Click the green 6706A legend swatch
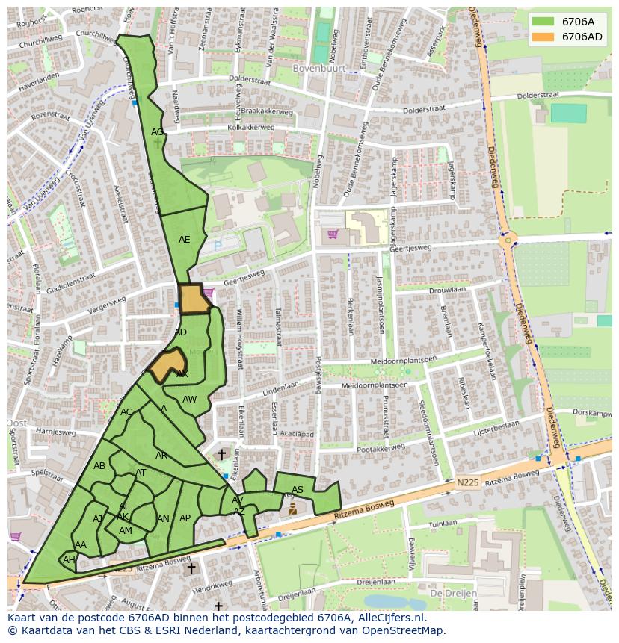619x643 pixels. pos(543,22)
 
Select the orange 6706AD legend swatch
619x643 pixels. pos(543,37)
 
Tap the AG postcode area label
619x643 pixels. pos(157,132)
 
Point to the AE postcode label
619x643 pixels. pos(184,240)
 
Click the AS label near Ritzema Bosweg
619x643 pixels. pos(298,490)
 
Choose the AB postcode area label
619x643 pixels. pos(99,466)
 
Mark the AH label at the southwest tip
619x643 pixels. pos(69,560)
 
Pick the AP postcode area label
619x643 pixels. pos(185,518)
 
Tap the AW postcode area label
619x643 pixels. pos(189,400)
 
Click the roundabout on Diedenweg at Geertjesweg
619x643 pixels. pos(508,240)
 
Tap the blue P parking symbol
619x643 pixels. pos(218,245)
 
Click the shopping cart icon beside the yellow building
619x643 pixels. pos(333,234)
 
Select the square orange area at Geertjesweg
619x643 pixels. pos(192,298)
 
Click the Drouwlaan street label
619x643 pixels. pos(448,289)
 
